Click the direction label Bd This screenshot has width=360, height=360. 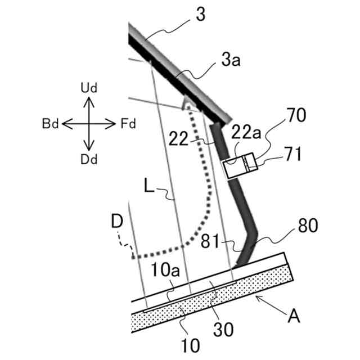pos(51,123)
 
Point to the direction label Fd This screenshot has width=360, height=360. pos(128,123)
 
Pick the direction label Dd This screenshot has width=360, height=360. pos(89,159)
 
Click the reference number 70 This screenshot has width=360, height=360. pos(295,116)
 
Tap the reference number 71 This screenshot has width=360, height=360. pos(292,152)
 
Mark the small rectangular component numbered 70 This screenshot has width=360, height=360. pos(240,167)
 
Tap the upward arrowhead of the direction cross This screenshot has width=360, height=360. pos(89,100)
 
